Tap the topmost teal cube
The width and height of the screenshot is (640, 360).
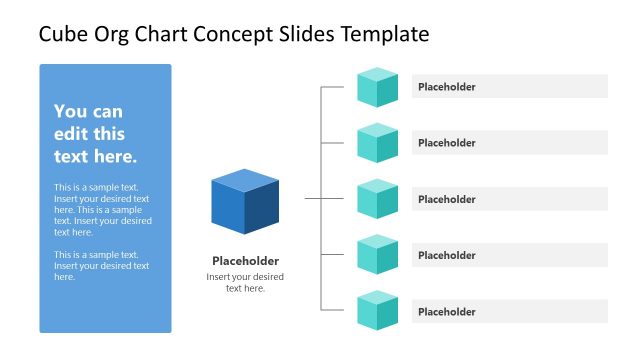[378, 87]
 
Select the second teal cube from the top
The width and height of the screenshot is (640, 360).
[378, 143]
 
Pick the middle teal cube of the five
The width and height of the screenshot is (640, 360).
[378, 199]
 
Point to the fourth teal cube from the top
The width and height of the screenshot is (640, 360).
[378, 255]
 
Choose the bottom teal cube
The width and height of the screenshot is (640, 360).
[378, 311]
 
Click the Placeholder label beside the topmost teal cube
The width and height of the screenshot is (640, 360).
[447, 87]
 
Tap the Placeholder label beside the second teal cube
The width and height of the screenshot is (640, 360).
[447, 143]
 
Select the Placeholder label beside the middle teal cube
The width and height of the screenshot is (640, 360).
[447, 199]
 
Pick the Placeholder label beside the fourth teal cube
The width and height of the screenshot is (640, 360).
[447, 255]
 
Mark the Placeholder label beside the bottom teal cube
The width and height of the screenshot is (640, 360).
[447, 312]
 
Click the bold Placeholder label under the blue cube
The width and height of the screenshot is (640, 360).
[245, 261]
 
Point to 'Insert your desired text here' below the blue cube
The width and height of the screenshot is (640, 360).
[245, 282]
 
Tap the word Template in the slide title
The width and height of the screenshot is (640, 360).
[385, 35]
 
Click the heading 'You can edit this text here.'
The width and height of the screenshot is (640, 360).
[96, 134]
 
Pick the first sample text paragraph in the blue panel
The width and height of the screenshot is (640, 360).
[102, 210]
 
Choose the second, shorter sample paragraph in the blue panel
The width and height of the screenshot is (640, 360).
[102, 266]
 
